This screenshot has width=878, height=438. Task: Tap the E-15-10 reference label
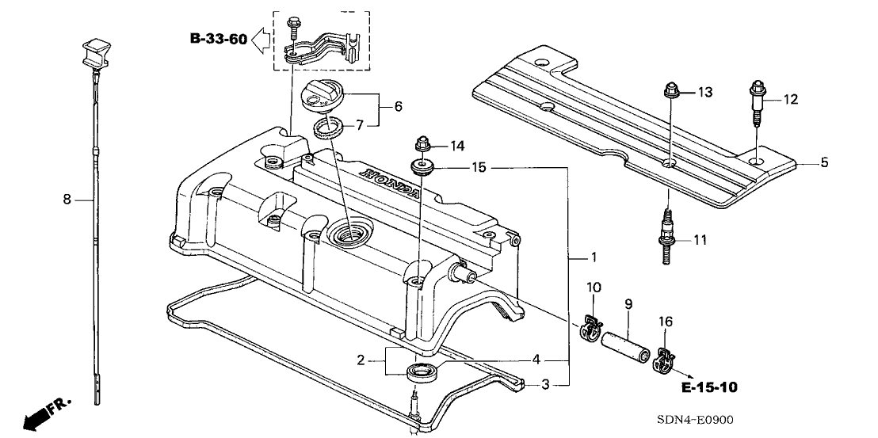coord(707,387)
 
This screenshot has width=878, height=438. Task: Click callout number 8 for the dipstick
coord(67,201)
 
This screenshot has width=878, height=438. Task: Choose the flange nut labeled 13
coord(670,93)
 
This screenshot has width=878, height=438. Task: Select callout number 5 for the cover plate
coord(823,163)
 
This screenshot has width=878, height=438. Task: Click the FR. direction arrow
coord(46,414)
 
